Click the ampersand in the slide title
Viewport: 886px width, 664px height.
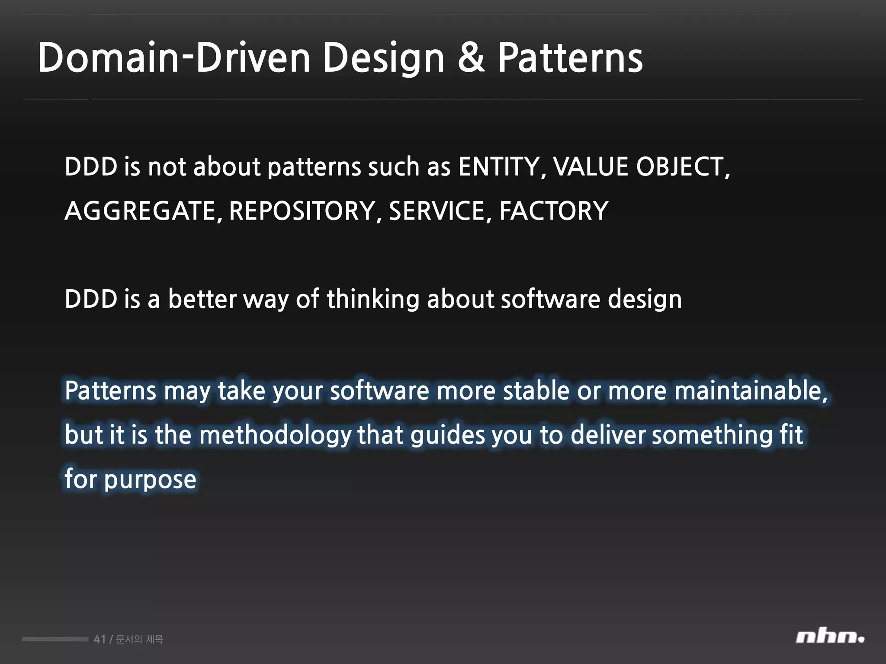point(471,57)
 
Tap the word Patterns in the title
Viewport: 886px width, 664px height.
point(570,57)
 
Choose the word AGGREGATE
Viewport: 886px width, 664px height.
point(140,211)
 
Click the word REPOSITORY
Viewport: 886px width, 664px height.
point(302,211)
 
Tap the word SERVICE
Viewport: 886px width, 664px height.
point(437,211)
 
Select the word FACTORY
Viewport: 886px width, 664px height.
point(554,211)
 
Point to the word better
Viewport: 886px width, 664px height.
point(202,299)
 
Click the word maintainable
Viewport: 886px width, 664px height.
point(748,390)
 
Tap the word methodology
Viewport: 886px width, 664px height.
point(275,435)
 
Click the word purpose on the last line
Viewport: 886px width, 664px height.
point(150,480)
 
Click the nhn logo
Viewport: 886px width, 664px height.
point(830,637)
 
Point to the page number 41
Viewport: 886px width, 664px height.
point(100,639)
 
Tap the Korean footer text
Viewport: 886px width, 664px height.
point(139,639)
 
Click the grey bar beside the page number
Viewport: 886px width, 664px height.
point(55,639)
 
